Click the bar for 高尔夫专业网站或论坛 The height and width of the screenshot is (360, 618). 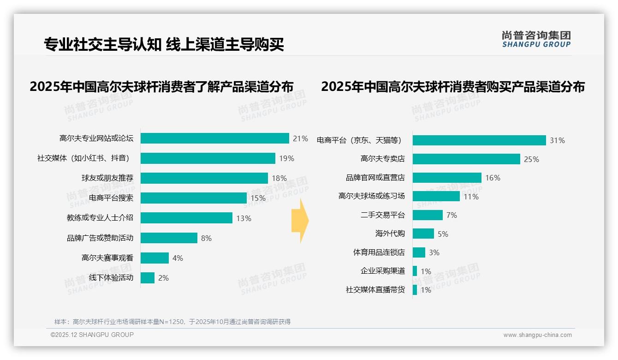point(214,138)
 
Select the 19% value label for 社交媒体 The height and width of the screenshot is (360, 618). point(286,158)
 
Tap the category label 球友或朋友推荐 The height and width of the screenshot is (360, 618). point(107,178)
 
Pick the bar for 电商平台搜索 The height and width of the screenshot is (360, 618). point(194,198)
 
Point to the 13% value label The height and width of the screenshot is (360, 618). point(244,218)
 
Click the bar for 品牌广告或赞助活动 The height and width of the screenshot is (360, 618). point(169,238)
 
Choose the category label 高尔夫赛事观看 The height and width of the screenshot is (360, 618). point(107,258)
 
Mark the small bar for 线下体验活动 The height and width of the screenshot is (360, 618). point(148,278)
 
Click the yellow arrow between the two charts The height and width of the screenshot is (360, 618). point(300,221)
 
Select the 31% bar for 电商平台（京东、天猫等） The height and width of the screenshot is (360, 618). point(479,140)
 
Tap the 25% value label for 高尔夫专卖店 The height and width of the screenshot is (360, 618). point(531,159)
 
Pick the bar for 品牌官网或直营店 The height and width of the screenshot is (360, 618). point(447,178)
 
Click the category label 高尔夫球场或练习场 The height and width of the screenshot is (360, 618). point(372,196)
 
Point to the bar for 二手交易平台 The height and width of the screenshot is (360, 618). point(428,215)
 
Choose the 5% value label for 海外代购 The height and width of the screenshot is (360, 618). point(443,234)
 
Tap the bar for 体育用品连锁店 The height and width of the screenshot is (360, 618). point(419,252)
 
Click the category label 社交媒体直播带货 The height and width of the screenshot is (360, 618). point(375,290)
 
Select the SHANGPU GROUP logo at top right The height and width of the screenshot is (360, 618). point(536,39)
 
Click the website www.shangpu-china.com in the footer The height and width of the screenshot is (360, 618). point(537,335)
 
